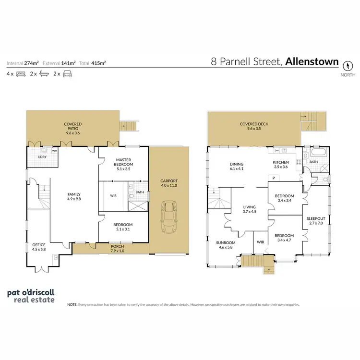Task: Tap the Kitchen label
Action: (x=281, y=164)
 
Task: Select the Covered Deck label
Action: (x=254, y=126)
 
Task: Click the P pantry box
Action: (x=274, y=178)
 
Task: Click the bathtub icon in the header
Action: (x=44, y=74)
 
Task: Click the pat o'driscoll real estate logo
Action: (x=31, y=296)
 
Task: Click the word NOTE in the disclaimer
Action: (x=72, y=304)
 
